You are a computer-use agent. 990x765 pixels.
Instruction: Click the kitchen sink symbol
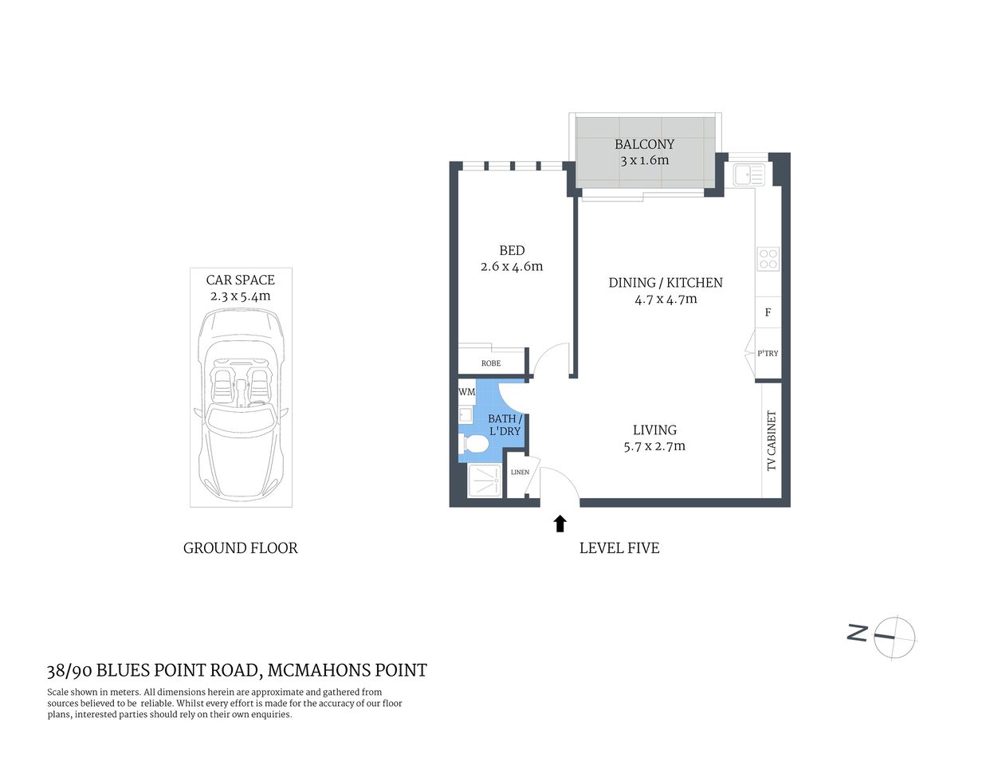tap(749, 175)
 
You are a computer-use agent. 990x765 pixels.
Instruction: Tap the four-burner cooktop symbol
tap(768, 259)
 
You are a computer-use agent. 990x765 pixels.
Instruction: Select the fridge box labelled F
tap(768, 312)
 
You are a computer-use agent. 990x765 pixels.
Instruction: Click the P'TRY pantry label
tap(768, 353)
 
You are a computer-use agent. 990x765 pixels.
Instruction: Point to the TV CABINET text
tap(771, 441)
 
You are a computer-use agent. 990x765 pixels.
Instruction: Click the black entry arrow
tap(560, 523)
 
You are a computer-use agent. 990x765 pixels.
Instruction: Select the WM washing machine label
tap(466, 392)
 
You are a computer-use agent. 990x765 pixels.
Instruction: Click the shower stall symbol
tap(484, 481)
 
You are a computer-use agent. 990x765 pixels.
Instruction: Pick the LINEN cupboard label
tap(520, 473)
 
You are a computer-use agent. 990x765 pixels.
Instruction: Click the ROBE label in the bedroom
tap(491, 363)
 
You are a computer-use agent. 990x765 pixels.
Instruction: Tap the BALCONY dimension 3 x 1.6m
tap(644, 160)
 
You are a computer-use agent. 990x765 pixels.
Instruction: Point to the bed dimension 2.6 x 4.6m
tap(512, 267)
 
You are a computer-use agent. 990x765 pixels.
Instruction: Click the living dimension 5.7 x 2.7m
tap(654, 446)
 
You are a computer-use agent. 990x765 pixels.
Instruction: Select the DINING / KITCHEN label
tap(666, 282)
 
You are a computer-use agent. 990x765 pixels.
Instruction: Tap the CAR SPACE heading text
tap(240, 280)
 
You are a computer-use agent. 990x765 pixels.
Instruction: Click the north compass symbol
tap(894, 637)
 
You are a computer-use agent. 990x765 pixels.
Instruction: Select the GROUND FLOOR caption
tap(240, 548)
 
